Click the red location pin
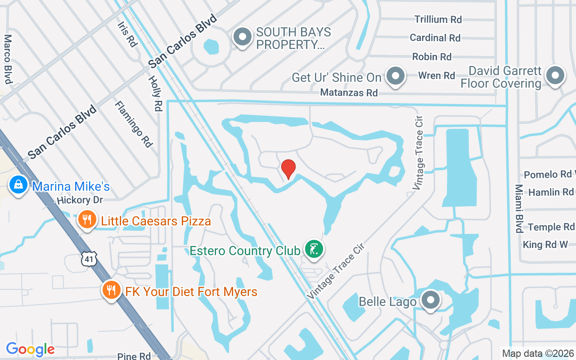(x=288, y=169)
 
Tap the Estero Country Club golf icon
(x=314, y=249)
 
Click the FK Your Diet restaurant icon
(x=110, y=290)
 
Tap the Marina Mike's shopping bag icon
(x=18, y=185)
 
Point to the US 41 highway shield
(x=88, y=258)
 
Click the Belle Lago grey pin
(x=431, y=300)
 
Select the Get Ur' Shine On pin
(x=396, y=76)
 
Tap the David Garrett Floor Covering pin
(x=555, y=76)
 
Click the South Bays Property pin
(x=243, y=37)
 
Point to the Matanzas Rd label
(x=349, y=93)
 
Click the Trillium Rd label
(x=438, y=19)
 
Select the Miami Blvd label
(x=519, y=208)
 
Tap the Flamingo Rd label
(x=134, y=124)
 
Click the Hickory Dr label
(x=80, y=200)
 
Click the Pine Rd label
(x=134, y=356)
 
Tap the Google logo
(x=30, y=349)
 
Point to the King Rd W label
(x=545, y=245)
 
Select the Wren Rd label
(x=436, y=76)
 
